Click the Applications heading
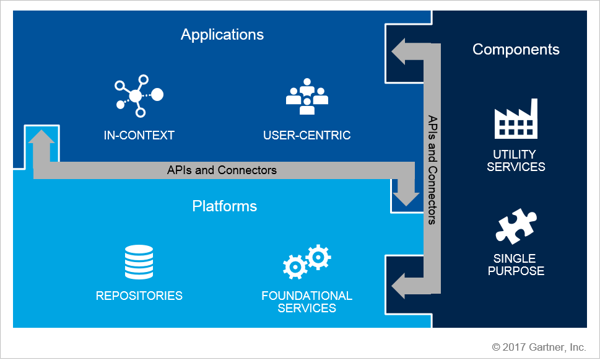point(222,35)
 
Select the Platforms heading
point(224,206)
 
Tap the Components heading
point(516,50)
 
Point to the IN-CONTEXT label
point(139,135)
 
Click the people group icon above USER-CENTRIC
point(307,96)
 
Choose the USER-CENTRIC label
point(307,135)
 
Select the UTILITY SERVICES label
point(516,160)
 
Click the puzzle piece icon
point(516,226)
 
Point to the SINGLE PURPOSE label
point(516,265)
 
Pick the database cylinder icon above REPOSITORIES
point(139,262)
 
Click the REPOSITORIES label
point(139,296)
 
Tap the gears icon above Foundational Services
point(307,261)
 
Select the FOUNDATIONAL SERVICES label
point(307,302)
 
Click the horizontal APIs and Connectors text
point(222,170)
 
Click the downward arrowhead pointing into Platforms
point(407,195)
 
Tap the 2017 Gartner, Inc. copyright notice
point(539,347)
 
